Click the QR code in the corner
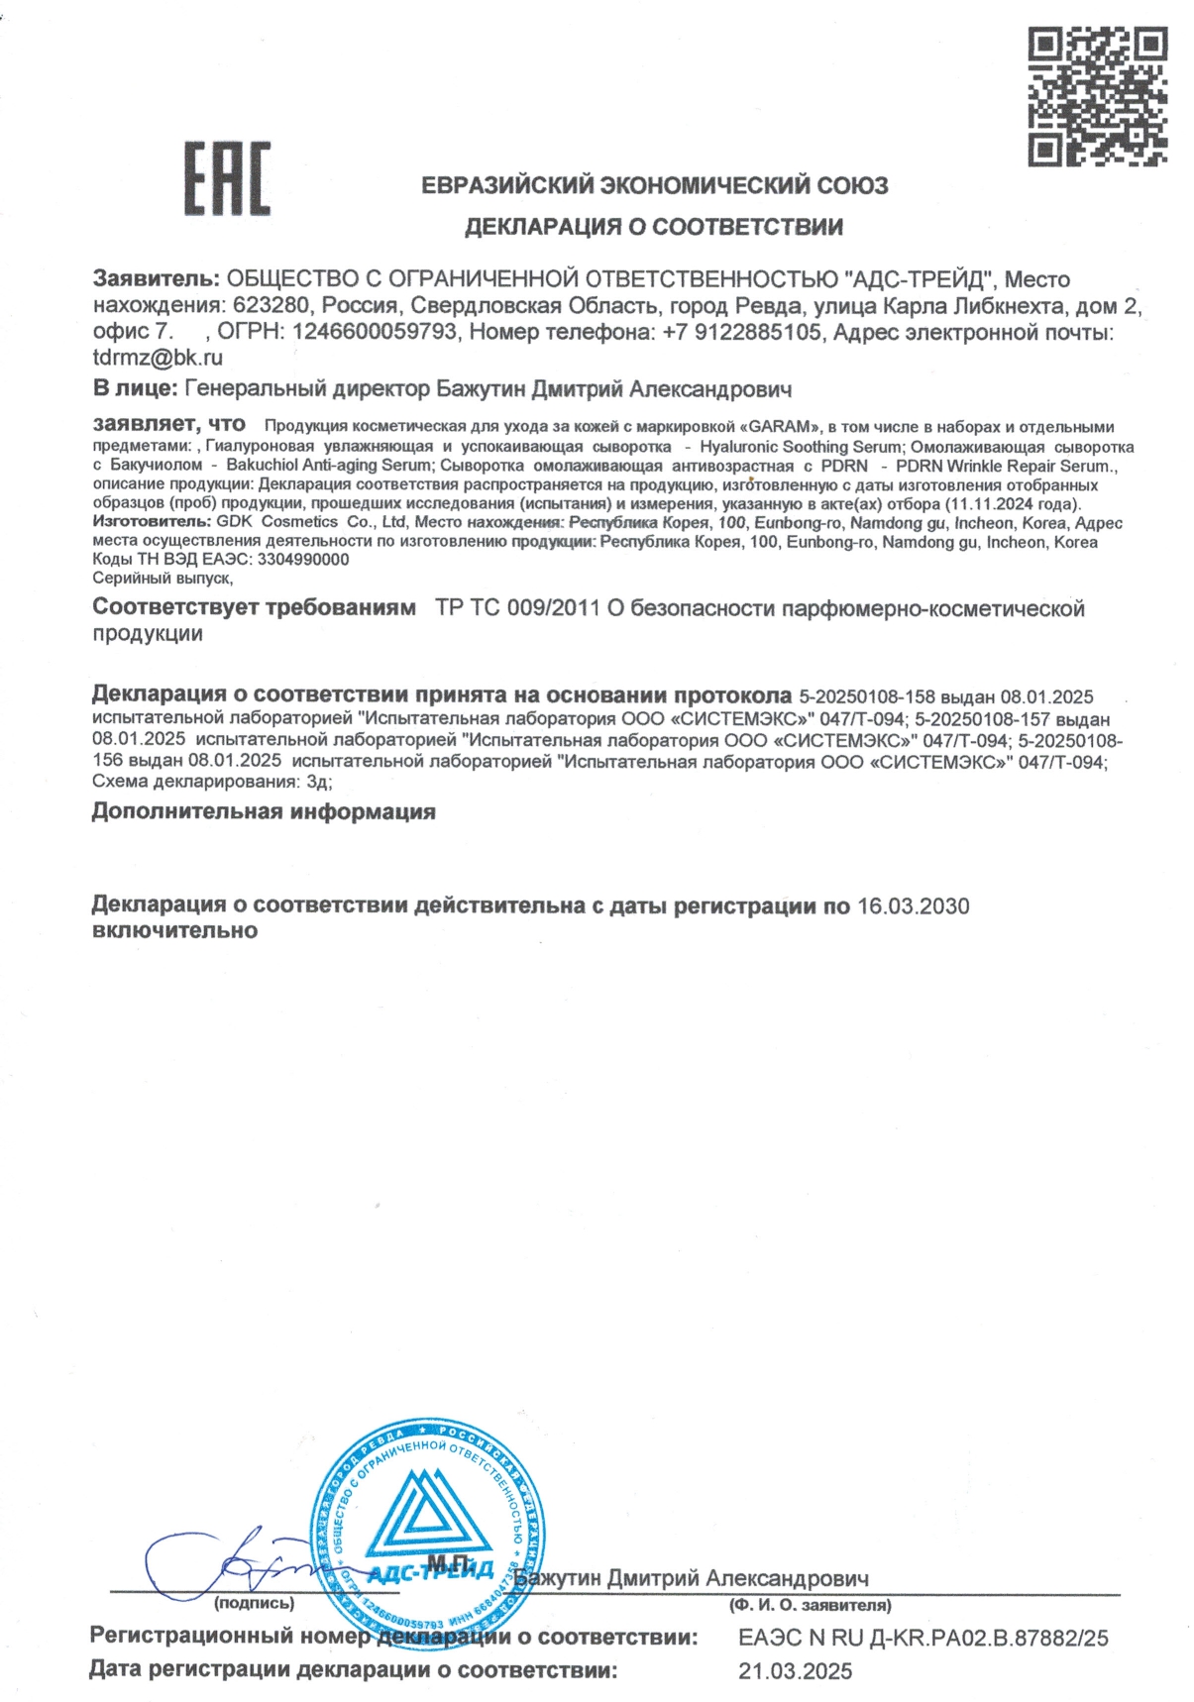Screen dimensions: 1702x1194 click(1096, 96)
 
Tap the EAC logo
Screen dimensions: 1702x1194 click(227, 178)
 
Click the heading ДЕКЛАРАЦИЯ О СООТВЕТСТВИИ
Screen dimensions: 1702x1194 click(654, 227)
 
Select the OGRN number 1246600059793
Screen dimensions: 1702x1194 click(375, 332)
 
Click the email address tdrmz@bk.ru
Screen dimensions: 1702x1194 click(158, 358)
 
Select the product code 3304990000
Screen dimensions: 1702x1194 click(303, 560)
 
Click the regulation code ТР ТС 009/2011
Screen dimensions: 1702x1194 click(517, 608)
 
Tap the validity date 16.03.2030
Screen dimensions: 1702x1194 click(913, 906)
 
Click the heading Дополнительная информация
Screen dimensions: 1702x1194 click(264, 812)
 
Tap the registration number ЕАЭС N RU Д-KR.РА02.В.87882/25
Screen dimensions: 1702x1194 click(923, 1639)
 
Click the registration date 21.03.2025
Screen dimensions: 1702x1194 click(795, 1672)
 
